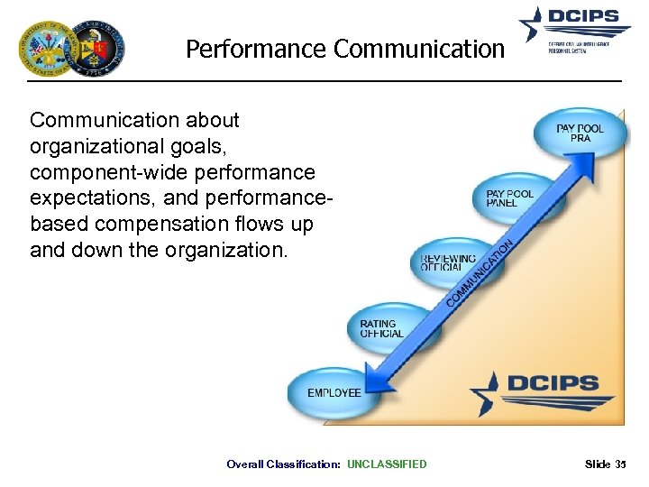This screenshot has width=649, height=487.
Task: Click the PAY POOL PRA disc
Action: pyautogui.click(x=580, y=133)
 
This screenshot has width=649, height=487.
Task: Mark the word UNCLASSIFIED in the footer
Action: pyautogui.click(x=387, y=464)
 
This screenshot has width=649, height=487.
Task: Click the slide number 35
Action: pyautogui.click(x=619, y=464)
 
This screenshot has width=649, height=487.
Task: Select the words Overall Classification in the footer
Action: pyautogui.click(x=283, y=464)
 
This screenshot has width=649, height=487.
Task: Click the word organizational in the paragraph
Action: pyautogui.click(x=82, y=146)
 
